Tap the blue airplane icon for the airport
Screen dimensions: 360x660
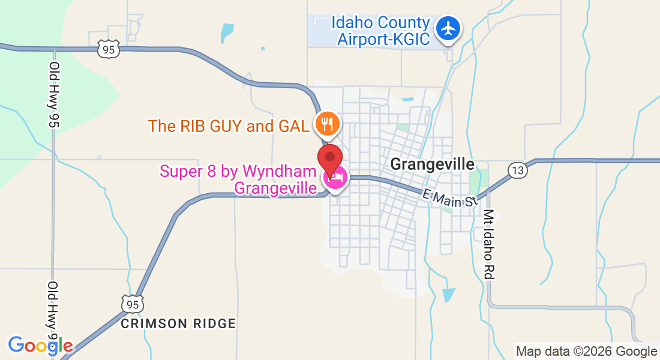(x=448, y=28)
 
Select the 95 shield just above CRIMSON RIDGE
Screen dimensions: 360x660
(x=131, y=304)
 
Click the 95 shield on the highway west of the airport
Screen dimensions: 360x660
(x=109, y=50)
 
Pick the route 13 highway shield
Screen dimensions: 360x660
(x=518, y=170)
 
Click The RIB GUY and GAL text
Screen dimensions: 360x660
(x=229, y=126)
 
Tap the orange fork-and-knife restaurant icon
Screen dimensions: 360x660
(x=328, y=124)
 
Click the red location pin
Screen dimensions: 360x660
(x=330, y=158)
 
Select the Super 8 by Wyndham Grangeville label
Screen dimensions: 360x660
(x=238, y=179)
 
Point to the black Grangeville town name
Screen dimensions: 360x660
(x=432, y=164)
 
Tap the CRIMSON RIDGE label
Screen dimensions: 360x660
(x=178, y=323)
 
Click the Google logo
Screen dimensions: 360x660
(x=40, y=346)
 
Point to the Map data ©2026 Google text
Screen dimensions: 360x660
(x=587, y=352)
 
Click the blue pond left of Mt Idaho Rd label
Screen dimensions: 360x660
(x=448, y=295)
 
